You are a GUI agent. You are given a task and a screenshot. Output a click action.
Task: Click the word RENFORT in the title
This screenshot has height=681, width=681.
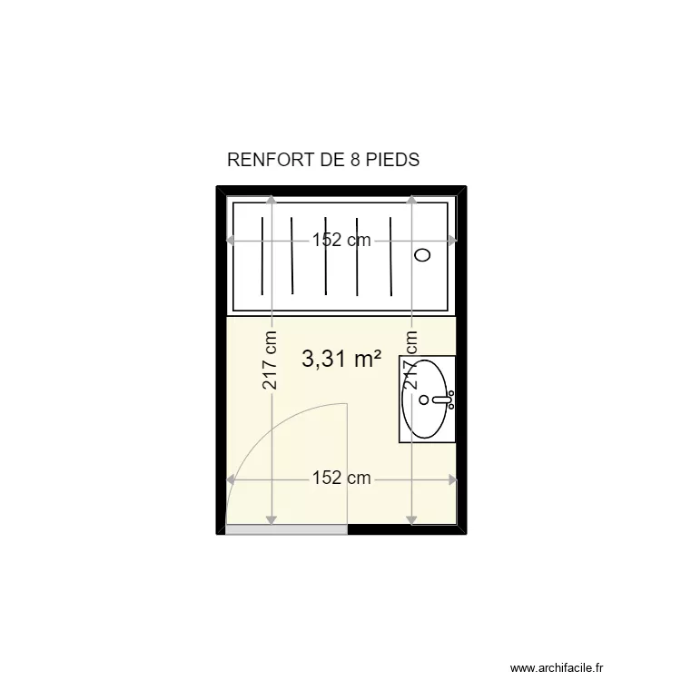pos(266,161)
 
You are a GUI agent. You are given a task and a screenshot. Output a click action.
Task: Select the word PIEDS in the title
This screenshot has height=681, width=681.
pos(392,161)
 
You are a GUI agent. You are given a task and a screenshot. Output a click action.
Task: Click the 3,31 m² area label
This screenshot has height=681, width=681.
pos(340,360)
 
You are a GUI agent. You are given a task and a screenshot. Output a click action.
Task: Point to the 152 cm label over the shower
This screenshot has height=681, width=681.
pos(341,241)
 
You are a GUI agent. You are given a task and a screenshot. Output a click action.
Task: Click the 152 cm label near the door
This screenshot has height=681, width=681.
pos(341,479)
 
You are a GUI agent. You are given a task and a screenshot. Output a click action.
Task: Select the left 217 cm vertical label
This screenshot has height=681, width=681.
pos(271,360)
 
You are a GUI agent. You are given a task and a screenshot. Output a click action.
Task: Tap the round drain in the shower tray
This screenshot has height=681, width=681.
pos(422,255)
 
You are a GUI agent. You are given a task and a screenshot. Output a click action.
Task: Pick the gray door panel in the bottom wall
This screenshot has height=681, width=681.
pos(286,529)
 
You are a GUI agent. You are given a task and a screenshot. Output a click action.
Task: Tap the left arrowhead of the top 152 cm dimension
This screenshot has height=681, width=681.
pos(231,241)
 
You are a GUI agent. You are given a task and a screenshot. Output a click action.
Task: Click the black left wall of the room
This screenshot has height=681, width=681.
pos(221,363)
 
